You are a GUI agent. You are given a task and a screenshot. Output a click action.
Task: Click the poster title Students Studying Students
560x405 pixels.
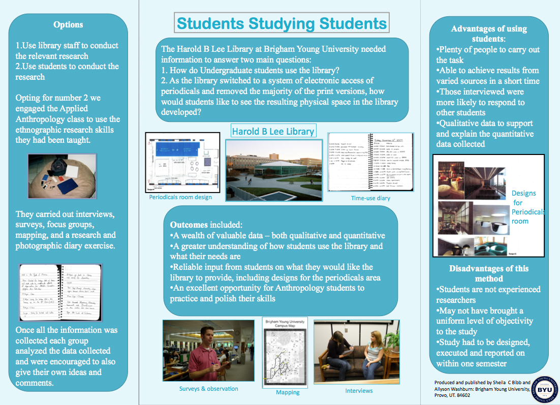point(282,23)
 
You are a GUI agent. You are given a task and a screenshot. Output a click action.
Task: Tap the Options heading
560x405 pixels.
point(68,24)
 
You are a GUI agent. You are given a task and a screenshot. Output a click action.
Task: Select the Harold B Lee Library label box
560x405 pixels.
point(273,131)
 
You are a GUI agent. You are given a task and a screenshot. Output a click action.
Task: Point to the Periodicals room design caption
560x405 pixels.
point(180,197)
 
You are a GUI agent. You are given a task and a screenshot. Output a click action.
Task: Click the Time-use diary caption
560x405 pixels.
point(370,198)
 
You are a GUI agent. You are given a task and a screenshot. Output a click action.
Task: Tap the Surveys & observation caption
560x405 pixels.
point(208,389)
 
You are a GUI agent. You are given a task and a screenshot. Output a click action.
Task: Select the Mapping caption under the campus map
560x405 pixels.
point(288,392)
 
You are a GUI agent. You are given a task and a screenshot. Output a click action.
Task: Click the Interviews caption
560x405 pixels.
point(359,391)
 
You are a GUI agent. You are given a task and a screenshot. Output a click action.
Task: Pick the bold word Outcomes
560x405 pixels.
point(189,225)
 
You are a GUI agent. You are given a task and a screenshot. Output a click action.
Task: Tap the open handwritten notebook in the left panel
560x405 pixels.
point(60,292)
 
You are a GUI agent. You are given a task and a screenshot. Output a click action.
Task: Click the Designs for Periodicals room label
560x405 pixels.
point(527,207)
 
